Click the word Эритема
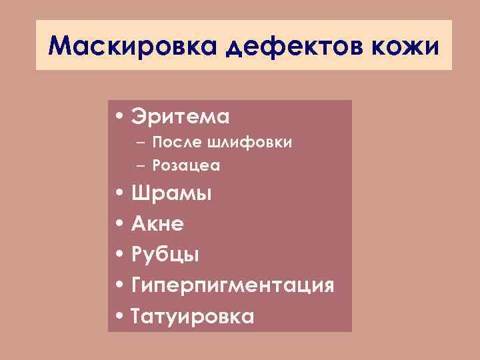(180, 117)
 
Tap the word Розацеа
(186, 165)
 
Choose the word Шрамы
(171, 194)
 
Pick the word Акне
(157, 225)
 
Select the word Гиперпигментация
(232, 286)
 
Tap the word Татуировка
(192, 316)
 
